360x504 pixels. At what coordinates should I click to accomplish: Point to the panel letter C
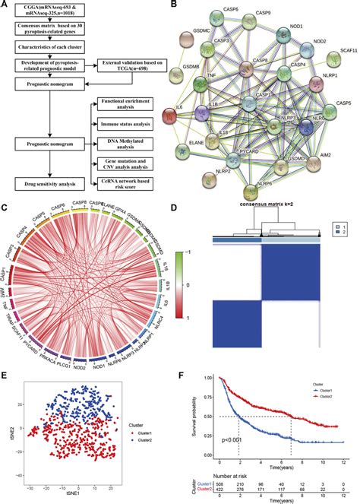7,207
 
